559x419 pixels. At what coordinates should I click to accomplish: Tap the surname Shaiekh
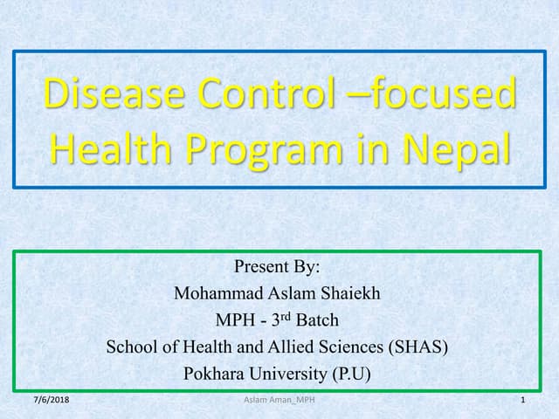(348, 293)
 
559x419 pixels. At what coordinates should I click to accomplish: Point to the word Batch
(317, 320)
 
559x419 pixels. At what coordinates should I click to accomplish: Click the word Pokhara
(213, 374)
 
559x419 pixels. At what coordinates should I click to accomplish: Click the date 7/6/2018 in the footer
(51, 400)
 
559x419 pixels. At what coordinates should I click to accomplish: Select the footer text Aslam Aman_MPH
(279, 400)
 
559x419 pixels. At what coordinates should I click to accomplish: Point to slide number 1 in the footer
(521, 400)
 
